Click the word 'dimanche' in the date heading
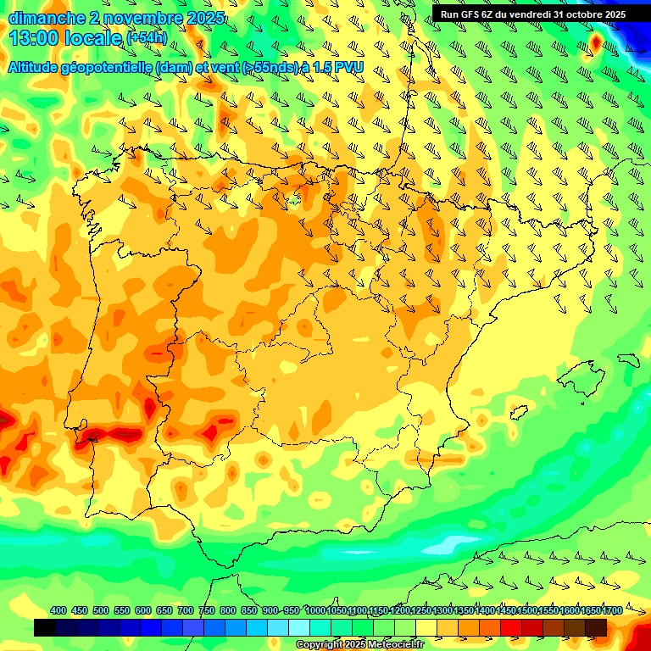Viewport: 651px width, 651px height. tap(43, 18)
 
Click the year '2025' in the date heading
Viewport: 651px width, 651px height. tap(203, 18)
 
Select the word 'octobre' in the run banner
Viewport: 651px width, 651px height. tap(579, 14)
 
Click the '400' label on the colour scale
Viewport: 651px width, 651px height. tap(58, 610)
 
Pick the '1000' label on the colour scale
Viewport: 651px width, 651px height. tap(314, 610)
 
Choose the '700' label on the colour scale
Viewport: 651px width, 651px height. tap(186, 610)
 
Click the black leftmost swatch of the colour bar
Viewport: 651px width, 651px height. tap(45, 627)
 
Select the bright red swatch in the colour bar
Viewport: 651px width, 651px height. tap(511, 627)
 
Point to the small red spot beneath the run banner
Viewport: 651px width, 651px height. tap(595, 42)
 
